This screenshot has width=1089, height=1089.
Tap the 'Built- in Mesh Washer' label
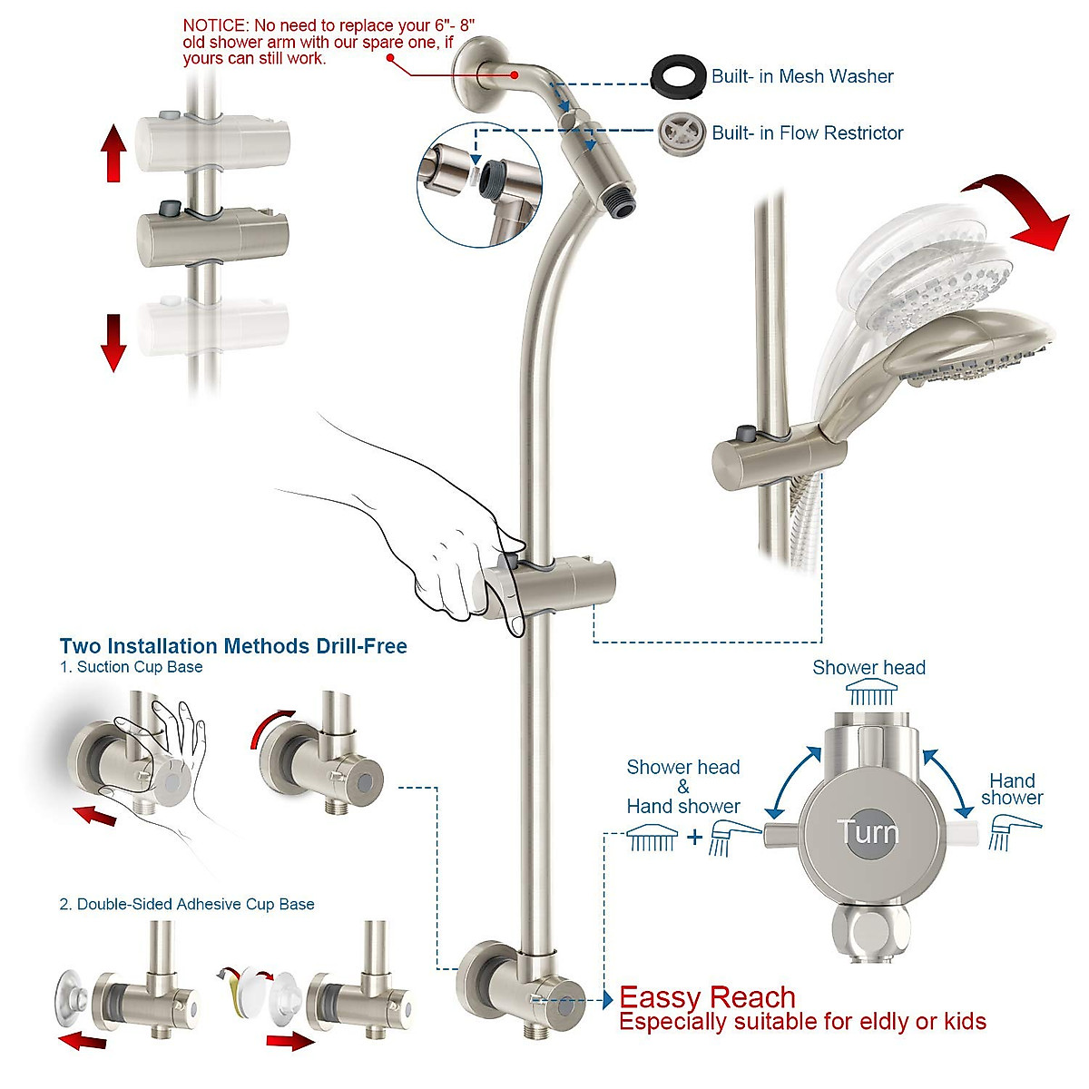pyautogui.click(x=802, y=77)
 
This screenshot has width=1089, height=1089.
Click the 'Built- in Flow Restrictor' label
pyautogui.click(x=808, y=133)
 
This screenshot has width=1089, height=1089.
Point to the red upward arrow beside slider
pyautogui.click(x=113, y=153)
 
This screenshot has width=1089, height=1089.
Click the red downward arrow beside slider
pyautogui.click(x=113, y=342)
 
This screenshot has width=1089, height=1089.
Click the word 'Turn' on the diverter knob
pyautogui.click(x=868, y=831)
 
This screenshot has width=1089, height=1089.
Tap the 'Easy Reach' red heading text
pyautogui.click(x=707, y=997)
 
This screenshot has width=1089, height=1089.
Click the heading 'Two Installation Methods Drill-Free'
pyautogui.click(x=233, y=646)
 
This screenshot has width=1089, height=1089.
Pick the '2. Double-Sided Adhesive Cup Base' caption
pyautogui.click(x=187, y=905)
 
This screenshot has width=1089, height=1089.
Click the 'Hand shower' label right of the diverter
pyautogui.click(x=1012, y=789)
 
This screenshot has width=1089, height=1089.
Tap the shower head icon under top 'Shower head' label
pyautogui.click(x=870, y=695)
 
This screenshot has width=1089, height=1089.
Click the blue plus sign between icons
pyautogui.click(x=694, y=837)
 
